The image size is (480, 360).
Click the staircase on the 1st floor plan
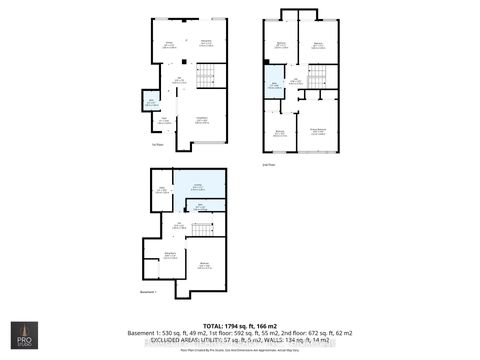click(205, 75)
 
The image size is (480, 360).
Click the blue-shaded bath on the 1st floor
click(151, 103)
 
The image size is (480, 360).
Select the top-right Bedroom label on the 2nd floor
click(317, 45)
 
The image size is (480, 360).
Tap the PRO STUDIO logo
click(22, 337)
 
